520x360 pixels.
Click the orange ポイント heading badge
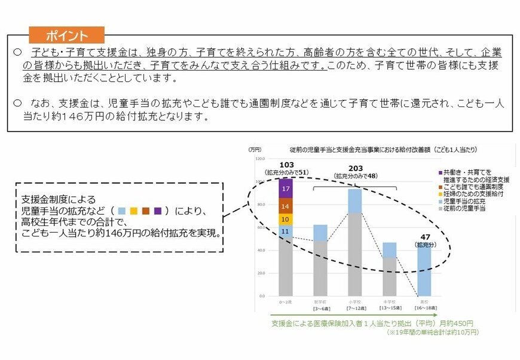[66, 34]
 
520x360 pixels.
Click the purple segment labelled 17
[286, 188]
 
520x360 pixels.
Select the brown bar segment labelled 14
[286, 206]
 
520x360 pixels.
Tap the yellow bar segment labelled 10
[286, 219]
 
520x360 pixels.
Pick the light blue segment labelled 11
[286, 231]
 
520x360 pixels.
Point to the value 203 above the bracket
[355, 168]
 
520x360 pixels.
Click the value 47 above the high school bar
[423, 237]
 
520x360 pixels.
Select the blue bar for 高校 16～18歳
[423, 272]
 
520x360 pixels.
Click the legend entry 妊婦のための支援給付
[469, 194]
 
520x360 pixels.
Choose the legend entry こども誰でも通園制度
[469, 187]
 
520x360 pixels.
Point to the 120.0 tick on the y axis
[259, 159]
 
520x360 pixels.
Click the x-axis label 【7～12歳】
[354, 307]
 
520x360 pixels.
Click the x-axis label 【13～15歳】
[389, 307]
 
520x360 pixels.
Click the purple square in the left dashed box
[158, 210]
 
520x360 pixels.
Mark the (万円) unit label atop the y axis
[255, 149]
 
